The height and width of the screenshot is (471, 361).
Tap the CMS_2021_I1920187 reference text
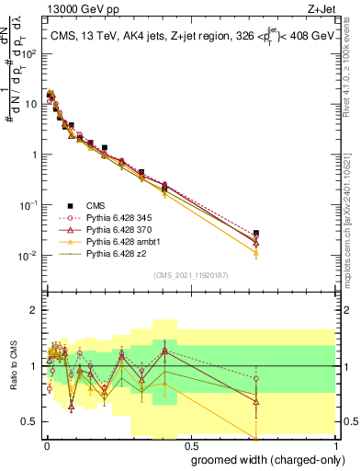coord(190,275)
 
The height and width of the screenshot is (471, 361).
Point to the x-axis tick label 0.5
coord(190,444)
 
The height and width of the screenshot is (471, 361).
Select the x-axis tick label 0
coord(47,444)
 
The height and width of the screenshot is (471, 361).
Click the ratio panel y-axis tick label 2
coord(34,310)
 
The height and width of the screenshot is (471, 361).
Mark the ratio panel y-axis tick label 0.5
coord(29,421)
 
